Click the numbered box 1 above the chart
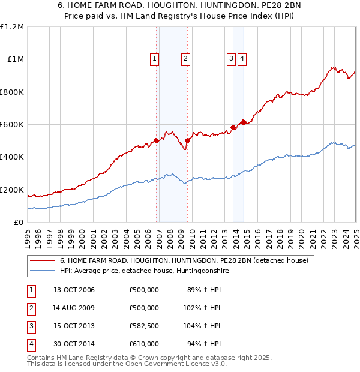[x=155, y=58]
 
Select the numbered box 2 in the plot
[x=186, y=58]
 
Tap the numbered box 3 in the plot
[x=231, y=58]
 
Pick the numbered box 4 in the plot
[x=242, y=58]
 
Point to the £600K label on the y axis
[x=12, y=125]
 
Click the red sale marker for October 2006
[x=156, y=141]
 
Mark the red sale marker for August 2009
[x=187, y=141]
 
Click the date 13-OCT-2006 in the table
[x=74, y=290]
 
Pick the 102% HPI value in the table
[x=202, y=308]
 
